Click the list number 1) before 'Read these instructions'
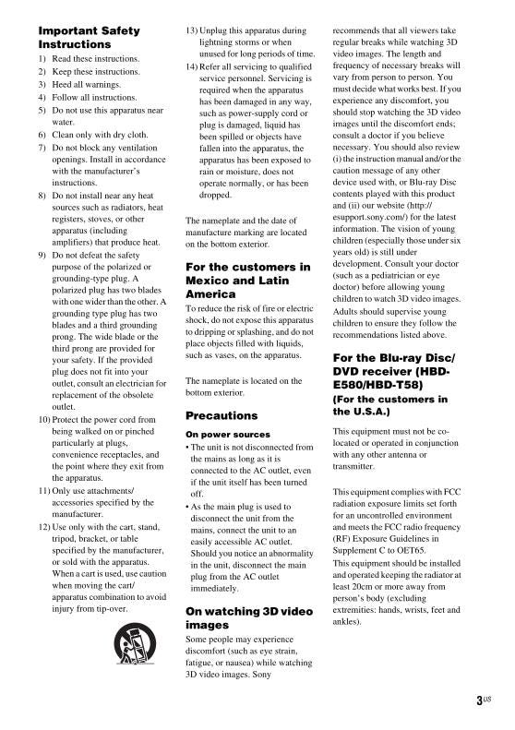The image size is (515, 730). coord(42,58)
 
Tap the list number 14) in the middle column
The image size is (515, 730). coord(192,67)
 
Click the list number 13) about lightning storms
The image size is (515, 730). coord(192,30)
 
